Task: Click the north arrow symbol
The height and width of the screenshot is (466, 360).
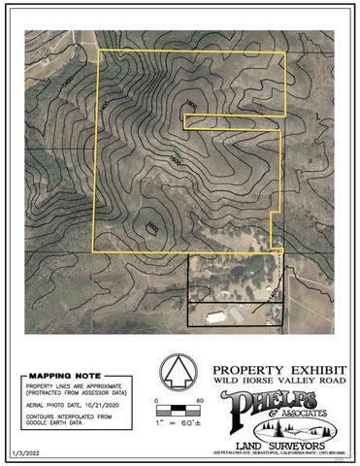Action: (x=177, y=374)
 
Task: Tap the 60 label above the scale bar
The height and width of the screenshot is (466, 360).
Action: (x=199, y=400)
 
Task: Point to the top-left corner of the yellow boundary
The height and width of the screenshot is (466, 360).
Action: (x=101, y=50)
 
